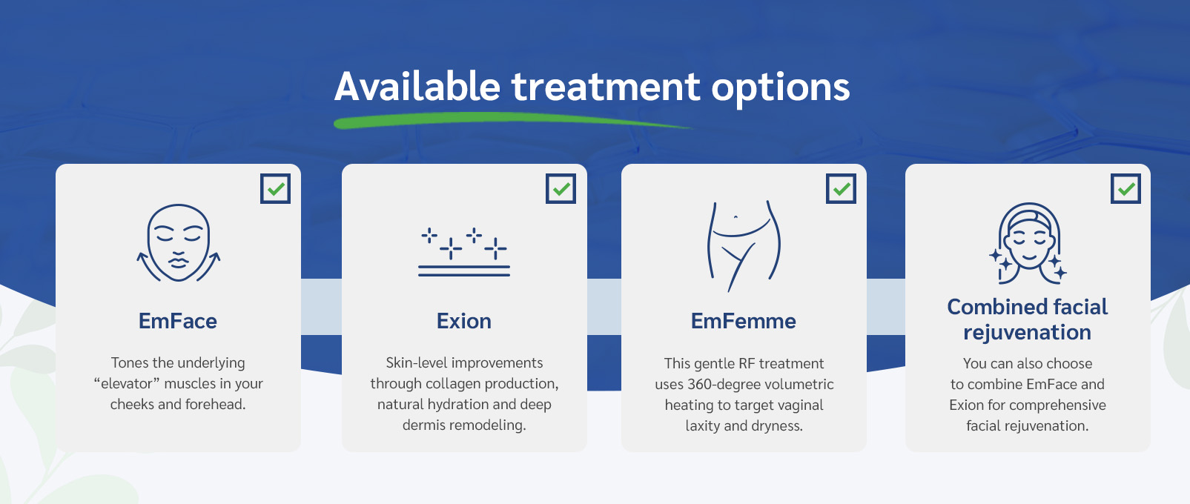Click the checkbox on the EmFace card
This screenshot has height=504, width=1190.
tap(275, 189)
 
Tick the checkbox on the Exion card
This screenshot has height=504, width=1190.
tap(561, 189)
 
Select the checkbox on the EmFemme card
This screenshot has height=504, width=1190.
tap(841, 189)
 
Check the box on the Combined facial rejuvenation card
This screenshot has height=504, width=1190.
tap(1125, 189)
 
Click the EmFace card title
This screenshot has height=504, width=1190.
tap(178, 321)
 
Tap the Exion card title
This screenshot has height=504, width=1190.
tap(464, 321)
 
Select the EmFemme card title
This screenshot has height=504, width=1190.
tap(744, 321)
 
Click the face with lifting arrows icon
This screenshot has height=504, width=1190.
tap(179, 243)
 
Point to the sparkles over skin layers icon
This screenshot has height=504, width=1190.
tap(464, 252)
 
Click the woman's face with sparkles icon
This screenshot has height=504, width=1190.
tap(1028, 244)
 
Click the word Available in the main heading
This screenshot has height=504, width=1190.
tap(417, 87)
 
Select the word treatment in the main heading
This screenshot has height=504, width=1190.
tap(606, 87)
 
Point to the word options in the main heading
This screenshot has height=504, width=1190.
tap(781, 88)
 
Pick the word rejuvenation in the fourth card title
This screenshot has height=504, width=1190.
tap(1027, 333)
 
